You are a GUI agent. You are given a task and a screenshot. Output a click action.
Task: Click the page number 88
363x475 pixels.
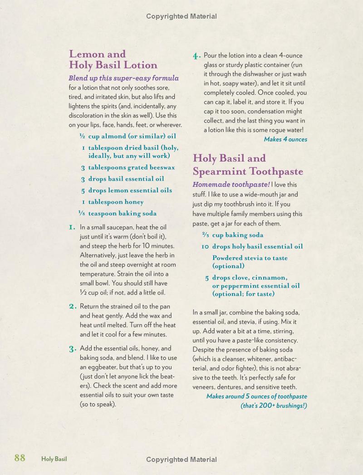click(20, 458)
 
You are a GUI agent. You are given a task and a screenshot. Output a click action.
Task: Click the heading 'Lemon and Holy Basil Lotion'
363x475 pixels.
click(113, 59)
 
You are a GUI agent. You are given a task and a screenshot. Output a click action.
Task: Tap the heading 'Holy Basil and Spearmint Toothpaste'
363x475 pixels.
click(248, 165)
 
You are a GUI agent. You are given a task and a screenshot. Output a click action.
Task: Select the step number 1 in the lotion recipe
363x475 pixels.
click(72, 227)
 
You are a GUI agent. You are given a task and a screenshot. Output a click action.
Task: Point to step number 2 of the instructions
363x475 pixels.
click(72, 306)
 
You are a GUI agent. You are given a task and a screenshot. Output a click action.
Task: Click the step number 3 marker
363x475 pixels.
click(72, 348)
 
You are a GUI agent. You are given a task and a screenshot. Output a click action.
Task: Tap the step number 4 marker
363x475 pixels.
click(196, 56)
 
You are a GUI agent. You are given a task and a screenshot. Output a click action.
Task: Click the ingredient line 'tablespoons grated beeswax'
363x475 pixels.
click(131, 167)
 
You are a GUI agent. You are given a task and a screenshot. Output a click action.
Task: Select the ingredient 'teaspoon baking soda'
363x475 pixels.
click(122, 213)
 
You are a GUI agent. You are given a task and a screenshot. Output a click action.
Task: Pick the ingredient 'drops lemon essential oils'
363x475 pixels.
click(130, 191)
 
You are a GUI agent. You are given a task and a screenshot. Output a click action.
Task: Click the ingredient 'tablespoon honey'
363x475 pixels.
click(116, 202)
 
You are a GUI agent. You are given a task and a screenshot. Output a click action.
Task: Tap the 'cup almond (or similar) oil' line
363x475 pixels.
click(132, 136)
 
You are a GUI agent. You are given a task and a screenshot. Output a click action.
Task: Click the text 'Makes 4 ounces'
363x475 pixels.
click(285, 139)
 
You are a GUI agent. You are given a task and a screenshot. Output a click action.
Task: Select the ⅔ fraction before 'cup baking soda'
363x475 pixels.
click(206, 235)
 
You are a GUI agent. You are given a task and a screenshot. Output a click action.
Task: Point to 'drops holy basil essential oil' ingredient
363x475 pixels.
click(257, 246)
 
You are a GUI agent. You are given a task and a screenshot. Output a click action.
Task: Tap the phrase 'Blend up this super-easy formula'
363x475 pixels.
click(123, 78)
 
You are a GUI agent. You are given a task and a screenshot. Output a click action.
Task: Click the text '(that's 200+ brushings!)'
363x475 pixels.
click(274, 405)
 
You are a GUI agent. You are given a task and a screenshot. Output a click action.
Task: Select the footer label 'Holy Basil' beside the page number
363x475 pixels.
click(54, 459)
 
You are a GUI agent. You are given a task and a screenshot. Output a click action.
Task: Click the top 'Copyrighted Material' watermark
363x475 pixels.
click(181, 16)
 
